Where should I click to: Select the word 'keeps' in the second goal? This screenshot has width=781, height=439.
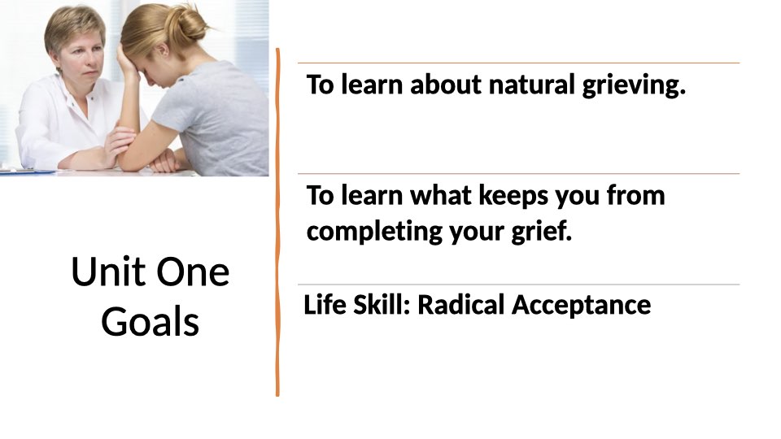pyautogui.click(x=513, y=197)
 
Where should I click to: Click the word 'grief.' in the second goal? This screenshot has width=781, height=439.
pyautogui.click(x=542, y=231)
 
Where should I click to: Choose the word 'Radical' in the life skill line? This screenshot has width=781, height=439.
pyautogui.click(x=460, y=305)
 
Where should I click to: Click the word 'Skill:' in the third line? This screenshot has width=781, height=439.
pyautogui.click(x=382, y=305)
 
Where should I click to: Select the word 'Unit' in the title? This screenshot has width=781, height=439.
pyautogui.click(x=110, y=272)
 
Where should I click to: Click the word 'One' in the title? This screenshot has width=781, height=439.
pyautogui.click(x=194, y=272)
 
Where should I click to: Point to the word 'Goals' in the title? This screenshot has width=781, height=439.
pyautogui.click(x=150, y=322)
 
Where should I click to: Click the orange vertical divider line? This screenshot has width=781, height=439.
pyautogui.click(x=277, y=222)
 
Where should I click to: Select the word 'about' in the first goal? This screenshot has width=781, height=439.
pyautogui.click(x=446, y=84)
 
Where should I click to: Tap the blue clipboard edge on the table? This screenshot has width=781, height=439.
pyautogui.click(x=28, y=172)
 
